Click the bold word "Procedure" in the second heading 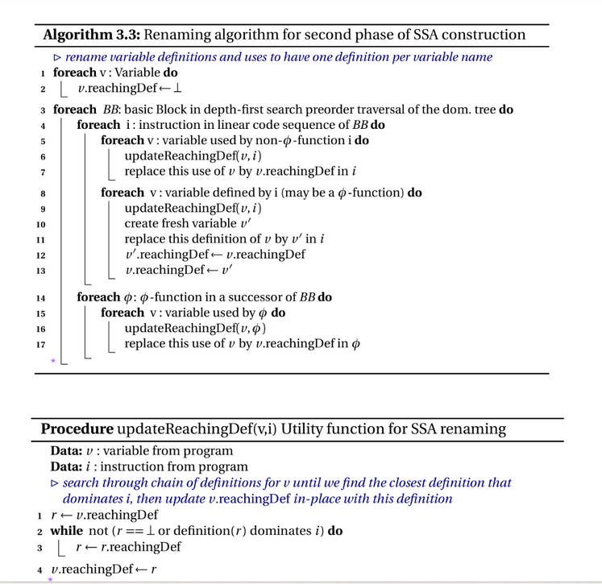coord(77,429)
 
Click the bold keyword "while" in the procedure coord(66,531)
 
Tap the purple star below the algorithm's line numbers coord(53,361)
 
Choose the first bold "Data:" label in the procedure coord(66,451)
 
